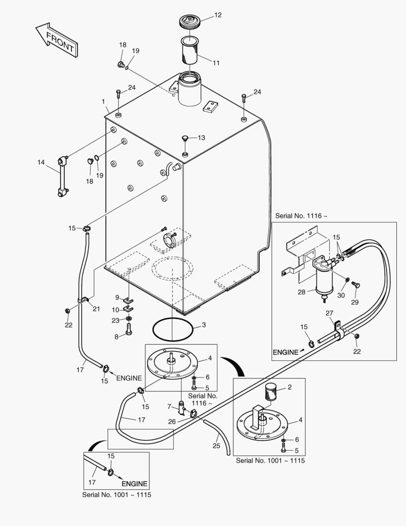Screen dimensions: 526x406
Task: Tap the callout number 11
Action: [215, 63]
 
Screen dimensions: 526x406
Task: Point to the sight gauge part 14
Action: [62, 176]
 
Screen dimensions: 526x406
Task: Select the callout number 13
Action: [201, 138]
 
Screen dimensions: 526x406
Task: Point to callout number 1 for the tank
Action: [103, 101]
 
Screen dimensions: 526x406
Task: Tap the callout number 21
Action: [96, 309]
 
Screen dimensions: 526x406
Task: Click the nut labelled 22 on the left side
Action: [67, 311]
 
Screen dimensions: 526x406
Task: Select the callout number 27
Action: [329, 313]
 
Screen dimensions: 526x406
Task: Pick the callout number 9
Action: [117, 297]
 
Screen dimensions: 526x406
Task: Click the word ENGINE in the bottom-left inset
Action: [134, 484]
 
